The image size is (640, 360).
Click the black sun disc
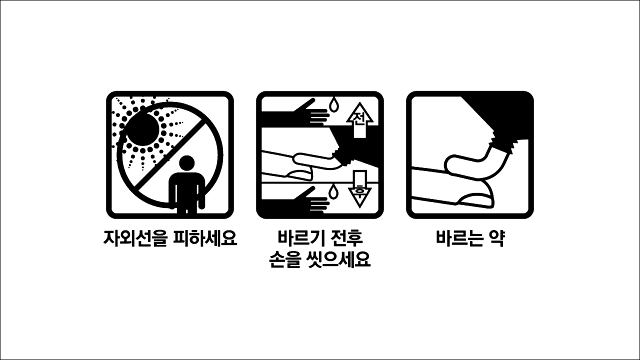pos(142,128)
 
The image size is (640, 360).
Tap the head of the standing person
pos(187,163)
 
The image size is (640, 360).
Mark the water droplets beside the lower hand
pos(333,191)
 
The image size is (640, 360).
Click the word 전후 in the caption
pos(345,238)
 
